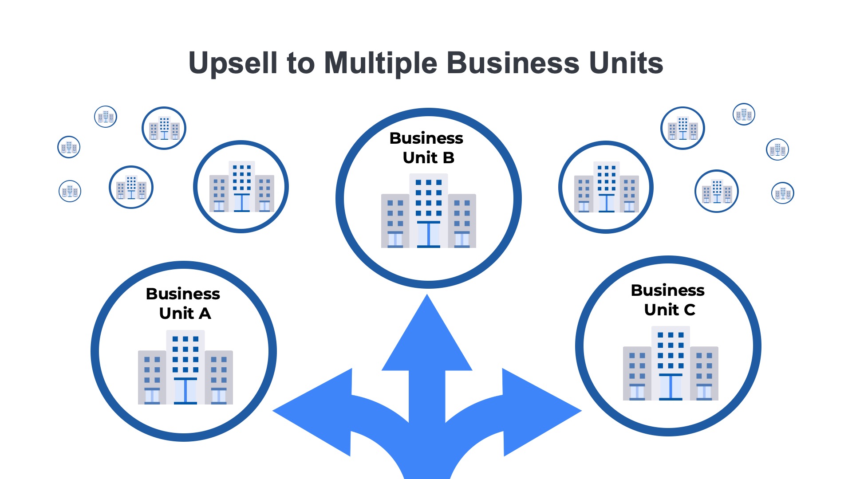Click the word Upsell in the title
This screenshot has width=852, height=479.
(x=233, y=63)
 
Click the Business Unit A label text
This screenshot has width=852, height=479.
(x=183, y=303)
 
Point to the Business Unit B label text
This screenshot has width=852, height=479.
(x=427, y=148)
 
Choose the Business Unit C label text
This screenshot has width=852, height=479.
(x=668, y=300)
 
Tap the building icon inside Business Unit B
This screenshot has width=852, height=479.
(x=428, y=211)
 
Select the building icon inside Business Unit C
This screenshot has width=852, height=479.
(x=671, y=364)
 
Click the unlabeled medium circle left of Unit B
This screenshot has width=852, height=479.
(x=241, y=187)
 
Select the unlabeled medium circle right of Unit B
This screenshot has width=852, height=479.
(x=606, y=187)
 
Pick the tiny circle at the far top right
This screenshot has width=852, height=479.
(x=744, y=114)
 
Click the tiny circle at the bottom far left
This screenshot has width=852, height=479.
(x=70, y=191)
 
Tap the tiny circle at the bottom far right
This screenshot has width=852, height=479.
(x=782, y=193)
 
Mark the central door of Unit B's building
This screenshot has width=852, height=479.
(x=429, y=234)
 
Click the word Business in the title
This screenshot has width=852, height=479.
(x=513, y=63)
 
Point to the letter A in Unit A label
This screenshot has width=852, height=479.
(x=205, y=314)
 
